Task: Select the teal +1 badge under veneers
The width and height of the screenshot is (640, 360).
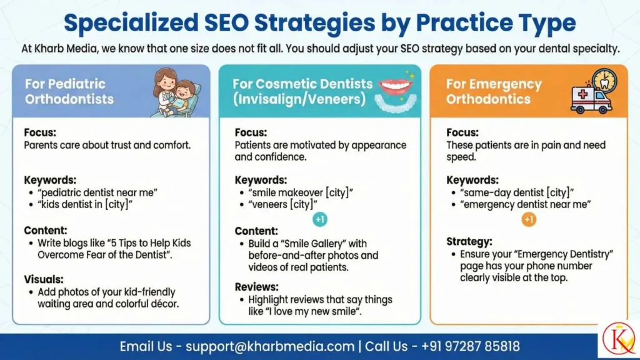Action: (320, 219)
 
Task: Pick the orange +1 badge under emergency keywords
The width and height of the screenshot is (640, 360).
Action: (529, 219)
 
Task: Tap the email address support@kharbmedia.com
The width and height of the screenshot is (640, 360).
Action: (270, 346)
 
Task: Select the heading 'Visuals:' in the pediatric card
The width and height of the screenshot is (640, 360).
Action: (44, 279)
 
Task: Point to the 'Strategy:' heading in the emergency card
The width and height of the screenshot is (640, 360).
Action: (469, 241)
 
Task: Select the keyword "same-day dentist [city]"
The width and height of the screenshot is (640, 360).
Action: (517, 192)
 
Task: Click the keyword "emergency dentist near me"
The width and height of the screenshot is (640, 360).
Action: (526, 204)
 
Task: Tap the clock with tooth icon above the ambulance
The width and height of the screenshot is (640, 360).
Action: (604, 80)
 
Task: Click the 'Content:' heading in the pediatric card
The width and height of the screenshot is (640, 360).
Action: (46, 230)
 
